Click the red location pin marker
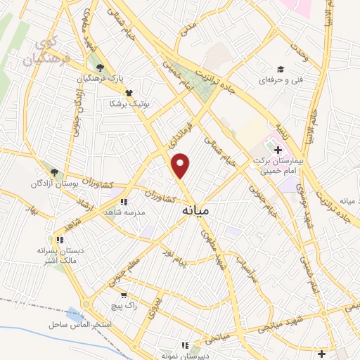pyautogui.click(x=181, y=165)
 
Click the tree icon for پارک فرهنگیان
pyautogui.click(x=101, y=67)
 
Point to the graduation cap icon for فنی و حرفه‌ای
pyautogui.click(x=280, y=70)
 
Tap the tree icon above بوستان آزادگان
pyautogui.click(x=54, y=172)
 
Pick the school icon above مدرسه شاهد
pyautogui.click(x=124, y=202)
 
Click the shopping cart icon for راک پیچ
pyautogui.click(x=124, y=296)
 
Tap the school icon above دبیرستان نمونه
pyautogui.click(x=184, y=345)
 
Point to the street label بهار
pyautogui.click(x=30, y=210)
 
